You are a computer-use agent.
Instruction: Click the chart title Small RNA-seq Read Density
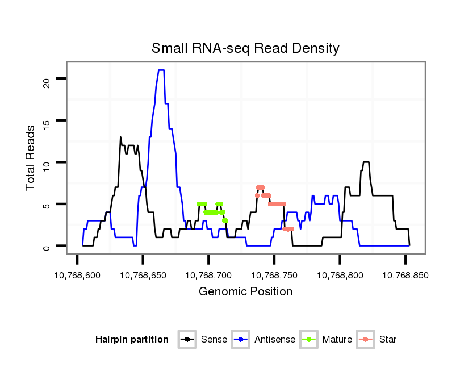[x=245, y=48]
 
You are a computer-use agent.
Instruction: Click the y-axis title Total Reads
[x=31, y=158]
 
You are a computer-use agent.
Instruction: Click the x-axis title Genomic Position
[x=245, y=292]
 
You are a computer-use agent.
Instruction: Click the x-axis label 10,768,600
[x=77, y=276]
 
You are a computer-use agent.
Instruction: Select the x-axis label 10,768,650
[x=143, y=276]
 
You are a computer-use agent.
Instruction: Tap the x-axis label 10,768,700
[x=208, y=276]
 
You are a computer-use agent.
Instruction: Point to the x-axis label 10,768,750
[x=274, y=276]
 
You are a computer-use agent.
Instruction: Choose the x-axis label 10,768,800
[x=340, y=276]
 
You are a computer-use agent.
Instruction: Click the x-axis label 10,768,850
[x=405, y=276]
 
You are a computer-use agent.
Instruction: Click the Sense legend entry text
[x=214, y=340]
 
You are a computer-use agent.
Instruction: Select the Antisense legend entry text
[x=275, y=340]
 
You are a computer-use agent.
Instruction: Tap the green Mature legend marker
[x=308, y=340]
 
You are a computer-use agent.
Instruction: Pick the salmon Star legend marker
[x=365, y=340]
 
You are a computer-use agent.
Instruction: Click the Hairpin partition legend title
[x=132, y=340]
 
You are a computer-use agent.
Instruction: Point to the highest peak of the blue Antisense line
[x=161, y=70]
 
